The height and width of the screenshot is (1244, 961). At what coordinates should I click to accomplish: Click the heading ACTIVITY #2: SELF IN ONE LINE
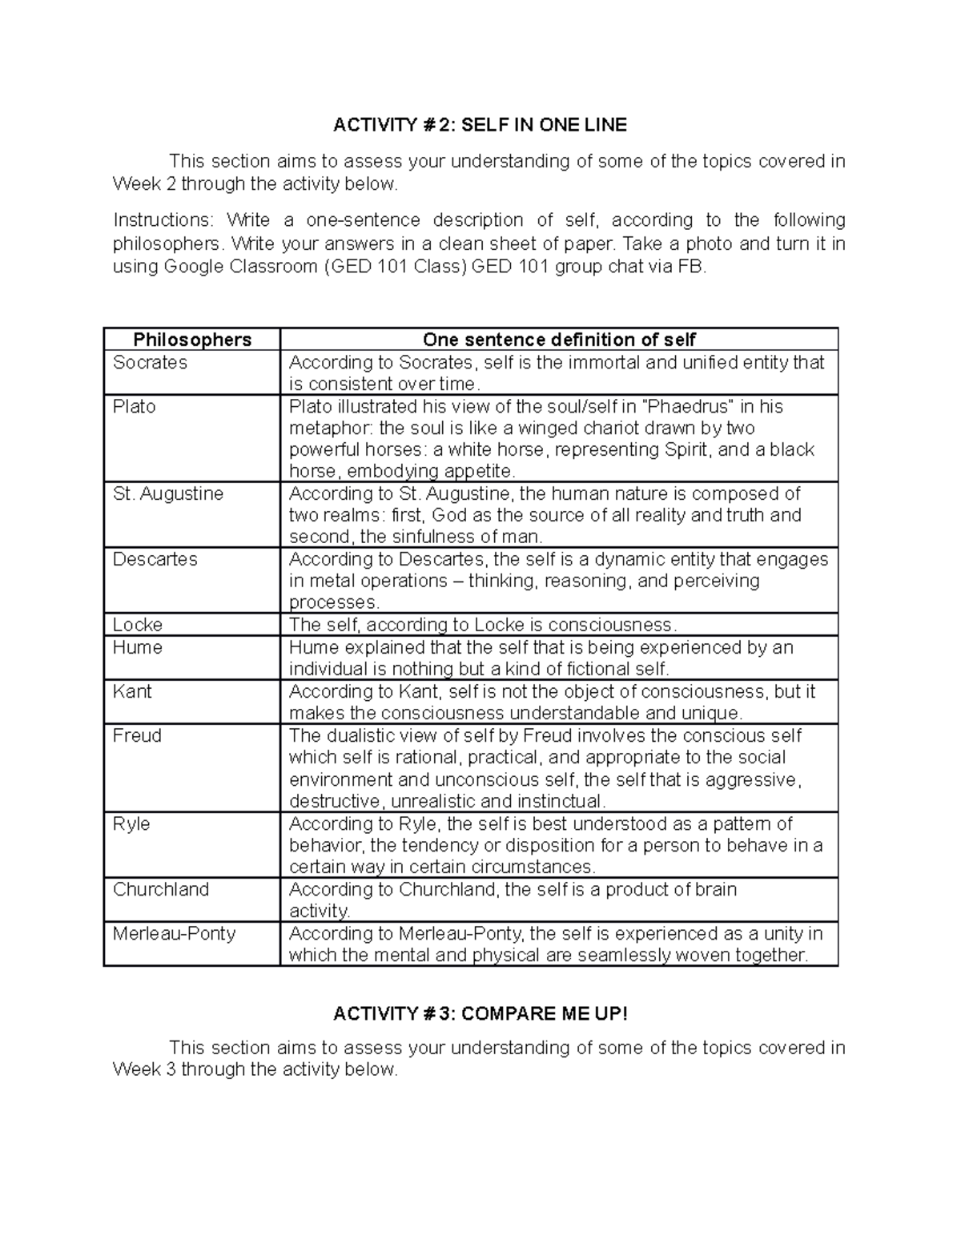(x=480, y=125)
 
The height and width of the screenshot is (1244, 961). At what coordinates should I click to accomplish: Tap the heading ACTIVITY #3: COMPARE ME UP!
(x=480, y=1013)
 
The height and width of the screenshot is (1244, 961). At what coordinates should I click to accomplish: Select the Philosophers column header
(x=192, y=340)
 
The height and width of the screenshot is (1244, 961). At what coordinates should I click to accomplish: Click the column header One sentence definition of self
(x=558, y=340)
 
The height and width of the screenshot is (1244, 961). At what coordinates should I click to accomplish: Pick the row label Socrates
(x=150, y=363)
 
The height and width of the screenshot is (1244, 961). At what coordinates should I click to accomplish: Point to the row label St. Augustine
(x=168, y=494)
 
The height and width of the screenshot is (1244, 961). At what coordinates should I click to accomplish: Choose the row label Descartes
(x=155, y=559)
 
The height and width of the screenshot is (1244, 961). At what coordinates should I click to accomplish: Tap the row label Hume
(x=137, y=647)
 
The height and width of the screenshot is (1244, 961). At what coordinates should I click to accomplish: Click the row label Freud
(x=137, y=735)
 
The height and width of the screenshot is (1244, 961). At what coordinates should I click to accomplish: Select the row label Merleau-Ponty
(x=174, y=933)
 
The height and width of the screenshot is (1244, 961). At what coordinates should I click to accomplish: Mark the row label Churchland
(x=160, y=889)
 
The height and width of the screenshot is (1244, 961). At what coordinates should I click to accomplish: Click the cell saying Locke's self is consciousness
(x=483, y=625)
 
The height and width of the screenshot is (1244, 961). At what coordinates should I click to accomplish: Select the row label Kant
(x=132, y=691)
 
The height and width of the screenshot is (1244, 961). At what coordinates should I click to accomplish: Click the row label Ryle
(x=131, y=823)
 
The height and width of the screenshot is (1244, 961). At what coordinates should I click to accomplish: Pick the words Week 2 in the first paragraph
(x=144, y=184)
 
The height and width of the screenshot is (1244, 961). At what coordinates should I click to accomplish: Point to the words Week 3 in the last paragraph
(x=144, y=1070)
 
